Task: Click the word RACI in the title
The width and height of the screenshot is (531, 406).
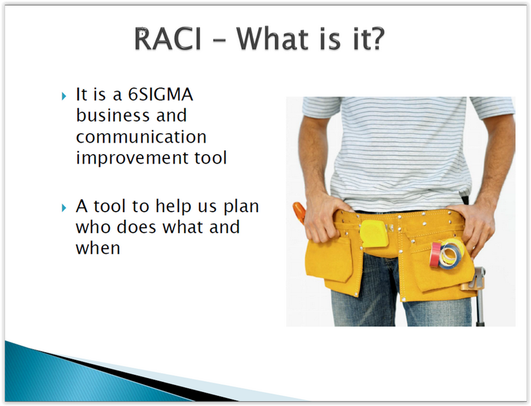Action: (x=168, y=39)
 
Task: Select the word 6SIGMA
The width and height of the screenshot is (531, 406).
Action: (x=161, y=94)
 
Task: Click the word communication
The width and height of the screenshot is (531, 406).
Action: (x=141, y=137)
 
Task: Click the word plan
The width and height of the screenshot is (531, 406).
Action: (x=241, y=207)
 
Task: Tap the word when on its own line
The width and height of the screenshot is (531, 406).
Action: (x=98, y=248)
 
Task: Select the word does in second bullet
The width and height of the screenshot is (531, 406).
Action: (x=137, y=227)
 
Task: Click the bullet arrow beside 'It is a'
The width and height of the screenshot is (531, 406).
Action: (x=64, y=97)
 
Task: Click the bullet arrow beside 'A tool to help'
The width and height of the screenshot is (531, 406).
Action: (x=64, y=208)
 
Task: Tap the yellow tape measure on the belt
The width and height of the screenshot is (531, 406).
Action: (x=374, y=234)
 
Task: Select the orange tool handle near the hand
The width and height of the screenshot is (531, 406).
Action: (x=300, y=212)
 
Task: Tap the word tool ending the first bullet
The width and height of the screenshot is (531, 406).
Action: (x=210, y=158)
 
